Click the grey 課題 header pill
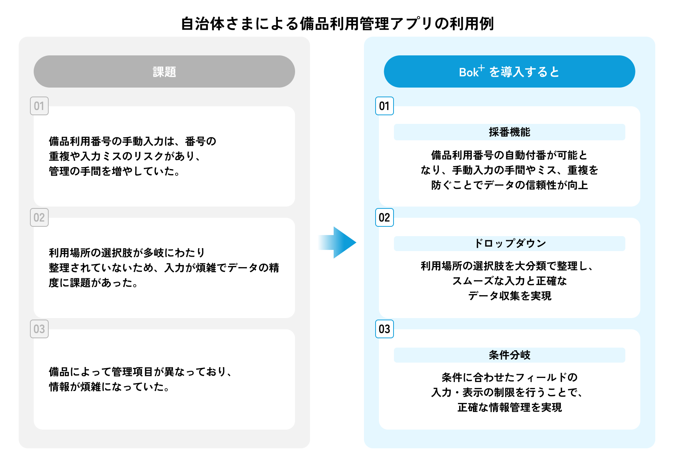164,71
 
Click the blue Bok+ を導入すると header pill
509,71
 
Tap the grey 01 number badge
39,106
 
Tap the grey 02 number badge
39,217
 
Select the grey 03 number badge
39,329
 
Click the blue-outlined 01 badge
385,106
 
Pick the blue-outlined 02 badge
385,217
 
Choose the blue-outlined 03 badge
385,329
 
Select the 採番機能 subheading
509,132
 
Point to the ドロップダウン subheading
509,244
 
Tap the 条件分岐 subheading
509,355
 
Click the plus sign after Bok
482,68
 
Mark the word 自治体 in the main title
203,24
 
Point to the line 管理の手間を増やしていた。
114,171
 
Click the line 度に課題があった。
94,283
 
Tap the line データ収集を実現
509,296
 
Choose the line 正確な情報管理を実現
509,408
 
